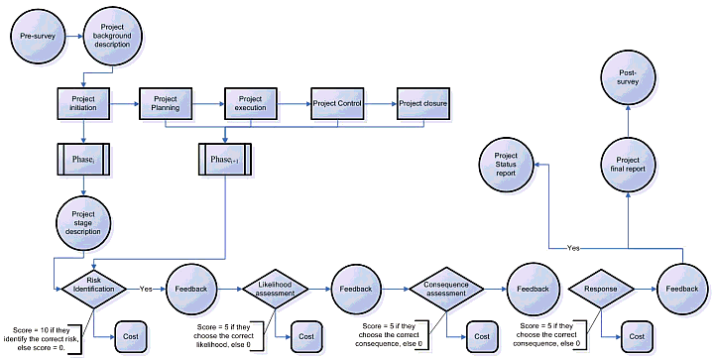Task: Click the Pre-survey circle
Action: (38, 37)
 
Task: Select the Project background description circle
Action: (112, 37)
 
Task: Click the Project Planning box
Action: (166, 103)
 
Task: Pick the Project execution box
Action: (250, 103)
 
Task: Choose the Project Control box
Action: (337, 103)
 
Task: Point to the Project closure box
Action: (422, 103)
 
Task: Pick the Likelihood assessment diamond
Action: (275, 289)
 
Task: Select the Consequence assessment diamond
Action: (445, 289)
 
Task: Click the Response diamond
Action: (601, 289)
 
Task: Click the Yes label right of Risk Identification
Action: (146, 289)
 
